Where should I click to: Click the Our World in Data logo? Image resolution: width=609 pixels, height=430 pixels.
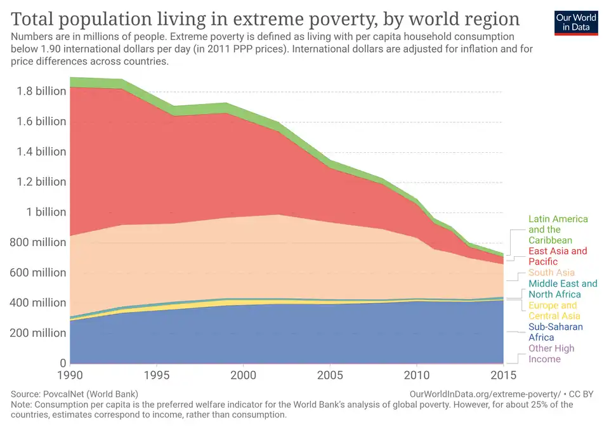point(576,22)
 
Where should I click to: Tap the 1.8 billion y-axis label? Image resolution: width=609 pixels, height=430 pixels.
point(42,91)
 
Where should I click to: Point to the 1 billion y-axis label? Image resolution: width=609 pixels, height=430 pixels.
point(46,212)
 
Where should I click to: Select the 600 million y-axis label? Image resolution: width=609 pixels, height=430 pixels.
point(41,273)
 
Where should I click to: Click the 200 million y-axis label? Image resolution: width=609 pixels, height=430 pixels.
point(41,333)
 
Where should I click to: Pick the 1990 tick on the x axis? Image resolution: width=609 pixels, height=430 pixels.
point(70,376)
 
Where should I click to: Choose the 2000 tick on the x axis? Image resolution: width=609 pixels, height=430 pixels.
point(243,376)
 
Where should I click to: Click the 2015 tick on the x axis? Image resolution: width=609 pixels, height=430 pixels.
point(504,376)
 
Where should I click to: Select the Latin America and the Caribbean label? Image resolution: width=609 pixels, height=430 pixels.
point(558,230)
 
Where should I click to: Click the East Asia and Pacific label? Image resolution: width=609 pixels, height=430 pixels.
point(558,256)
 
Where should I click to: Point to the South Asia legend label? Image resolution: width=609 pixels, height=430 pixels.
point(551,273)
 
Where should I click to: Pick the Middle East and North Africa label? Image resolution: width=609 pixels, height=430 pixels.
point(563,289)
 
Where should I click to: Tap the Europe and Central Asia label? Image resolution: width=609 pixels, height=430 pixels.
point(554,311)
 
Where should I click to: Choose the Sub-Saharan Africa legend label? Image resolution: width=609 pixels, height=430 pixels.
point(556,332)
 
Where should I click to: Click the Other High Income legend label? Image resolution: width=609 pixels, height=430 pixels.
point(551,354)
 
